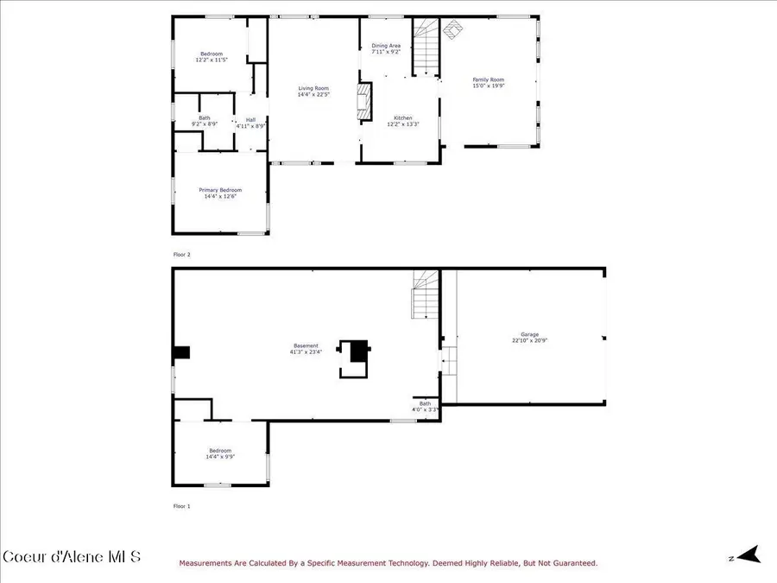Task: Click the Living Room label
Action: click(x=313, y=88)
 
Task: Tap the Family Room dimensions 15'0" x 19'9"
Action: click(x=488, y=86)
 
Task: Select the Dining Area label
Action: click(x=386, y=46)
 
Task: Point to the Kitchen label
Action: click(x=403, y=117)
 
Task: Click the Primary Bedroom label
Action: click(x=220, y=190)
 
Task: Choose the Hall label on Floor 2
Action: click(x=250, y=120)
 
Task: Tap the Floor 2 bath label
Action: click(x=205, y=118)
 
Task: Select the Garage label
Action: click(x=529, y=334)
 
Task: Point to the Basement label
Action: click(x=306, y=345)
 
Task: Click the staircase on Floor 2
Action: click(x=425, y=48)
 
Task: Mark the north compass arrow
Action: click(x=748, y=554)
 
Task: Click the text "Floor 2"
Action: click(x=181, y=255)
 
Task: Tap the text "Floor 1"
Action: click(x=181, y=506)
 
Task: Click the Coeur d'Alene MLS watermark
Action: click(x=71, y=556)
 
